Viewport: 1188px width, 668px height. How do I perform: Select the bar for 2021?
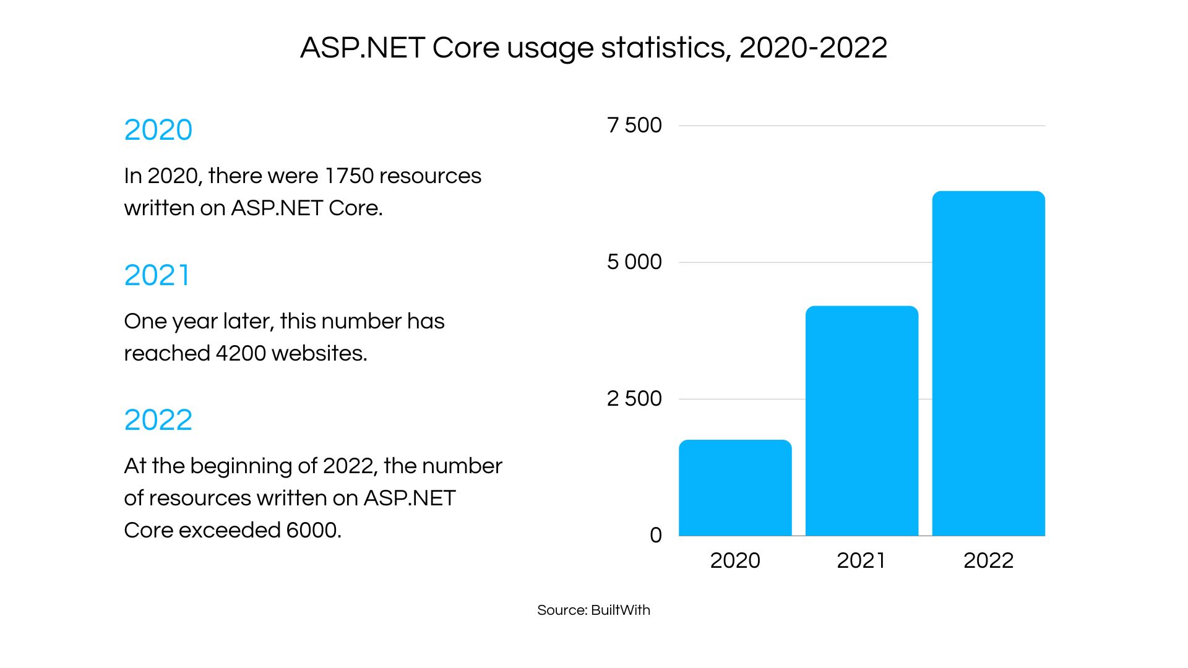click(x=861, y=421)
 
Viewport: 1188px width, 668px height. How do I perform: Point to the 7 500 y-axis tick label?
click(x=634, y=126)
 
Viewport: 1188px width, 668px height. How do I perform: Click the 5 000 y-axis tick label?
click(x=634, y=262)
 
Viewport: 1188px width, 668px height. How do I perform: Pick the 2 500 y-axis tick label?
click(x=634, y=399)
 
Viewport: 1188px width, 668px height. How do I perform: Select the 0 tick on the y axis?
click(x=655, y=536)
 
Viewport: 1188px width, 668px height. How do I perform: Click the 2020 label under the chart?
click(x=735, y=561)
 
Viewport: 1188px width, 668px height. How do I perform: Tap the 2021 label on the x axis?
click(x=861, y=561)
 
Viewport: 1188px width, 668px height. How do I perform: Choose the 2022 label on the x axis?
click(x=988, y=561)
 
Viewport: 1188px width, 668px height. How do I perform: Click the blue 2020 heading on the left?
click(x=158, y=131)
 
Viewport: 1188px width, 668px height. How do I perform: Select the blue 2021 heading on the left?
click(x=157, y=275)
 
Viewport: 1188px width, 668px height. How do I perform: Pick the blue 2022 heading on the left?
click(x=158, y=421)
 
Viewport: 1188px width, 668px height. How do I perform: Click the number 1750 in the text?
click(x=349, y=176)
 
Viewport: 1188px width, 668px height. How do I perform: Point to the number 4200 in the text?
click(x=241, y=354)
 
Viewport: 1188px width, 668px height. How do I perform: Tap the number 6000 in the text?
click(x=312, y=531)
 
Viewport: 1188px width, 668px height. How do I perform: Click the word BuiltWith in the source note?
click(x=621, y=610)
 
